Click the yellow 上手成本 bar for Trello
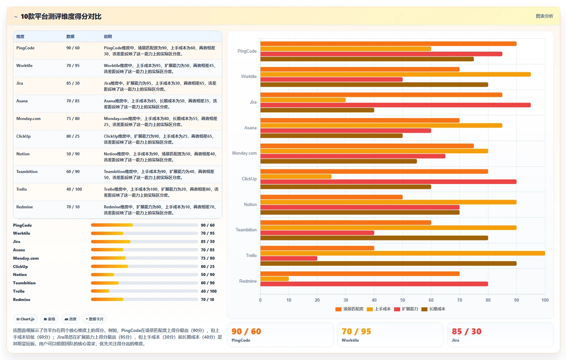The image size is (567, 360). pyautogui.click(x=402, y=253)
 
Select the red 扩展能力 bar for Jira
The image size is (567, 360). pyautogui.click(x=395, y=105)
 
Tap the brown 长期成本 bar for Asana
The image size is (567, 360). pyautogui.click(x=331, y=136)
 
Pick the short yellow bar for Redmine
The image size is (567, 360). pyautogui.click(x=275, y=279)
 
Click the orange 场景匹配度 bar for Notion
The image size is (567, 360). pyautogui.click(x=331, y=197)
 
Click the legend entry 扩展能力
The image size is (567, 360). pyautogui.click(x=406, y=309)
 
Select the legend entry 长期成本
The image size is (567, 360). pyautogui.click(x=433, y=309)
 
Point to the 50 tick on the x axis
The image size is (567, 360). pyautogui.click(x=402, y=300)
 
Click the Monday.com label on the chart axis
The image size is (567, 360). pyautogui.click(x=244, y=153)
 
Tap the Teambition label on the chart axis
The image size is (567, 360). pyautogui.click(x=246, y=230)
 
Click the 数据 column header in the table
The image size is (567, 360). pyautogui.click(x=70, y=36)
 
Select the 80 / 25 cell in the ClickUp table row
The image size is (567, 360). pyautogui.click(x=73, y=136)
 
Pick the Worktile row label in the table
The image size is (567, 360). pyautogui.click(x=24, y=66)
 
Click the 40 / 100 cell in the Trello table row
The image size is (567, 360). pyautogui.click(x=74, y=189)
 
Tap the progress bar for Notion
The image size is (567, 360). pyautogui.click(x=144, y=275)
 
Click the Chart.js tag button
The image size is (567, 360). pyautogui.click(x=25, y=319)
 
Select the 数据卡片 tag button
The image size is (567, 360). pyautogui.click(x=94, y=319)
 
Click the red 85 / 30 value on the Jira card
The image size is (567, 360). pyautogui.click(x=466, y=331)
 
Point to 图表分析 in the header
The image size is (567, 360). pyautogui.click(x=544, y=16)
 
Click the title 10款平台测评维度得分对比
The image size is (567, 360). pyautogui.click(x=61, y=17)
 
